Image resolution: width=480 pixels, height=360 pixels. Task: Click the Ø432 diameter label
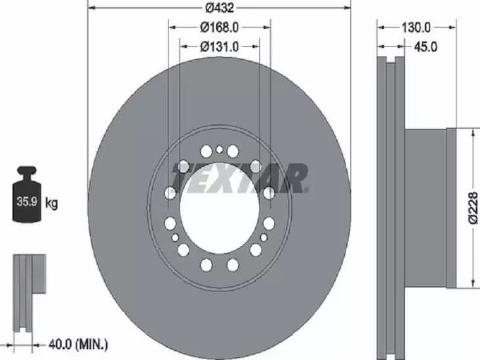[x=219, y=8]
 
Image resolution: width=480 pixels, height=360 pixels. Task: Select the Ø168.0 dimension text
[x=219, y=28]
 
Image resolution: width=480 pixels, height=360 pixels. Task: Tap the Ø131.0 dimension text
[x=219, y=47]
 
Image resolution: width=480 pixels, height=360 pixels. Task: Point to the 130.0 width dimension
[x=416, y=28]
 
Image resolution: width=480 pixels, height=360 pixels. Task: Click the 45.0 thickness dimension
[x=424, y=47]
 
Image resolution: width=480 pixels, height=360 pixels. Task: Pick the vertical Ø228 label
[x=473, y=207]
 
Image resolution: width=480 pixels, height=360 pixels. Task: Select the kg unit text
[x=52, y=203]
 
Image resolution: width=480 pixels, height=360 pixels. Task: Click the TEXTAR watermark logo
[x=239, y=178]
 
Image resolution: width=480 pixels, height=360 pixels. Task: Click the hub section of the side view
[x=426, y=207]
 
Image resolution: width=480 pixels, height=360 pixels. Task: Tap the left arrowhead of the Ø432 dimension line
[x=91, y=8]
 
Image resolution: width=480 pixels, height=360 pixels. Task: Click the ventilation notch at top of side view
[x=391, y=63]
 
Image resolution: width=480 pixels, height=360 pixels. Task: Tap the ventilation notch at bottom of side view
[x=391, y=353]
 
